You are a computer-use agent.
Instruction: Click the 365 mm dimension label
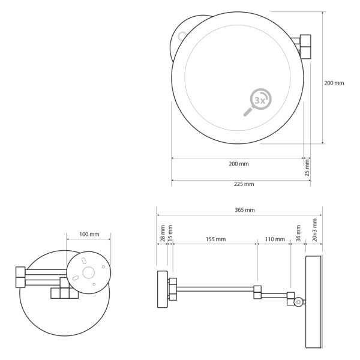pyautogui.click(x=245, y=210)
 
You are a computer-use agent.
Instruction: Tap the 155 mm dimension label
pyautogui.click(x=215, y=239)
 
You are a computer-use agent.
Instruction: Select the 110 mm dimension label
pyautogui.click(x=275, y=239)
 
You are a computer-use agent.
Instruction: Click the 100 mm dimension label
pyautogui.click(x=89, y=234)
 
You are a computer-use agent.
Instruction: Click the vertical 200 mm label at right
pyautogui.click(x=334, y=83)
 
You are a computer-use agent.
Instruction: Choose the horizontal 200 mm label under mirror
pyautogui.click(x=238, y=164)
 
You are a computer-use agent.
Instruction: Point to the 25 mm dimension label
pyautogui.click(x=307, y=167)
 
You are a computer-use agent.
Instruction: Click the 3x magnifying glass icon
pyautogui.click(x=258, y=101)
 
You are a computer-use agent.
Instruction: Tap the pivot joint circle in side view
pyautogui.click(x=298, y=302)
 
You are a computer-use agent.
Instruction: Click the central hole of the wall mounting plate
pyautogui.click(x=89, y=273)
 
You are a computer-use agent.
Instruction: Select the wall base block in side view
pyautogui.click(x=162, y=289)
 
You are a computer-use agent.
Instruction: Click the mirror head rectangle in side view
pyautogui.click(x=313, y=302)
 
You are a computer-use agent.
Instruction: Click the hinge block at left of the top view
pyautogui.click(x=20, y=277)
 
